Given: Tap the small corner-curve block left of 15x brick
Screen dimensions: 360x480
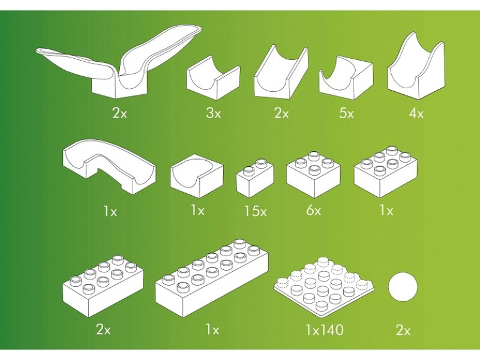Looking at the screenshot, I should (x=197, y=172).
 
